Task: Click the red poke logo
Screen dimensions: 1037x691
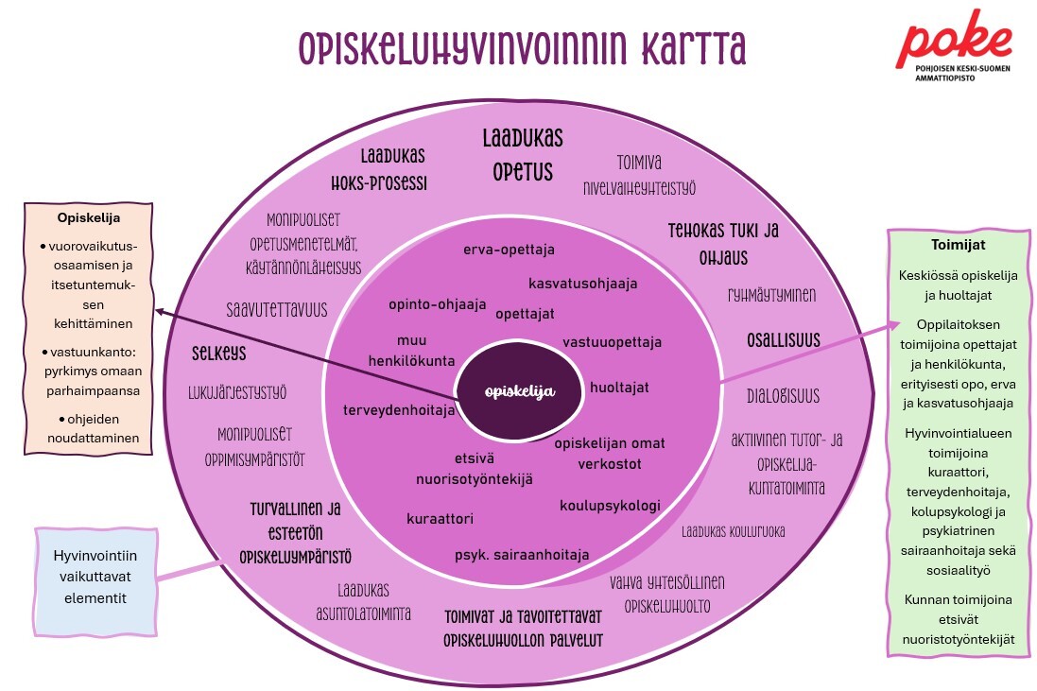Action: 955,46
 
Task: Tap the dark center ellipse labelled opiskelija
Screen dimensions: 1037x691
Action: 520,390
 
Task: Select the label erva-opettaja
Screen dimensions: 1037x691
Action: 509,250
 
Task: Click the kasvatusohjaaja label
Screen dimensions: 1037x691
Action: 582,284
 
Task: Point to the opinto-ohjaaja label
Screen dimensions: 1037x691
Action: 437,304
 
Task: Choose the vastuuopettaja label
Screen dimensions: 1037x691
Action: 612,342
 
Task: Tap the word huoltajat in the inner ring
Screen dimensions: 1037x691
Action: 619,388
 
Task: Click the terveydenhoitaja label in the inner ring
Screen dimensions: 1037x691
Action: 399,410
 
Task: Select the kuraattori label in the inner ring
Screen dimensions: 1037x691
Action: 440,519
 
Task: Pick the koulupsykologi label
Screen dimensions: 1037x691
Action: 610,506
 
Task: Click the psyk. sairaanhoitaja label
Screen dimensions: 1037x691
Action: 522,555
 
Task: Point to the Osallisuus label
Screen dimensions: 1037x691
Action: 783,340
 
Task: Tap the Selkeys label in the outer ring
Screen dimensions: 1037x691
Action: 219,354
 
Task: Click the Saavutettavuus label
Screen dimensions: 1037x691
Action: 276,309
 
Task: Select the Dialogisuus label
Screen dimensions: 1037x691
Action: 783,396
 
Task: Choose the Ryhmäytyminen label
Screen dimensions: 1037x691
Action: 771,295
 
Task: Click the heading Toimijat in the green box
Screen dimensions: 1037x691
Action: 959,245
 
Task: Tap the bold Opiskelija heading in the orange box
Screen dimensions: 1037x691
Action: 89,217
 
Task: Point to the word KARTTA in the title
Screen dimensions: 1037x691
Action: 694,48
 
